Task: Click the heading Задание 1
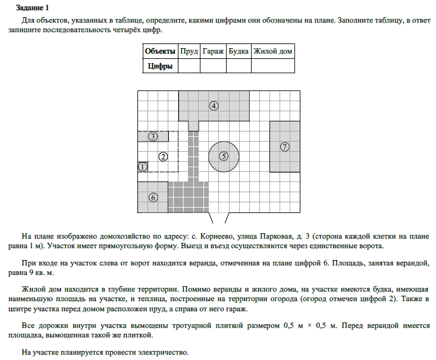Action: [34, 8]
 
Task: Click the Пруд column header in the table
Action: [189, 51]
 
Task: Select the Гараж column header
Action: [213, 51]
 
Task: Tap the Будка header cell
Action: [239, 51]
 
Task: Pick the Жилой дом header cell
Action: [273, 51]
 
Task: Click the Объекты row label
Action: [161, 51]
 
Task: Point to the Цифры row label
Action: [161, 66]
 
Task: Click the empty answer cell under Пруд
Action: [189, 66]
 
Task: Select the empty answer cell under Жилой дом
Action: [273, 66]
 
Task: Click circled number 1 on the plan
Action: [142, 167]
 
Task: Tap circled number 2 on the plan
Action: [163, 156]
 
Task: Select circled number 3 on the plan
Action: [153, 136]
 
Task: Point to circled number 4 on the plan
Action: [214, 106]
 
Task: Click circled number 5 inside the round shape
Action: [224, 156]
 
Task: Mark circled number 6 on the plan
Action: [153, 197]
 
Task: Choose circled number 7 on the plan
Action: [285, 146]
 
